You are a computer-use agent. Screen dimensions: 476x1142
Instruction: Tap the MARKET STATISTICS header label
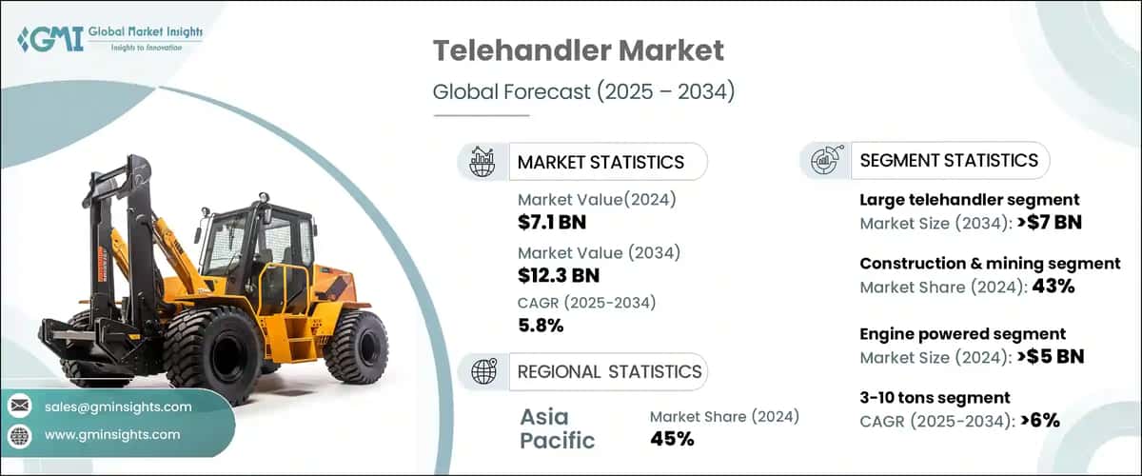point(600,162)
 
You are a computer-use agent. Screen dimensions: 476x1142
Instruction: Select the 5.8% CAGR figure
point(541,326)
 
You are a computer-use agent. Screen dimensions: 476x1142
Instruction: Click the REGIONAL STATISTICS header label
point(609,371)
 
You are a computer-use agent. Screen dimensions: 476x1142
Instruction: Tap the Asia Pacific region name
point(558,428)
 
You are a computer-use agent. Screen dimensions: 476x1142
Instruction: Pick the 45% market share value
point(672,438)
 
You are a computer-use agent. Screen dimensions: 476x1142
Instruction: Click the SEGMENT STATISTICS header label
point(948,160)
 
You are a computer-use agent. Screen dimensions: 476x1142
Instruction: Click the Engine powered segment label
point(962,334)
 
